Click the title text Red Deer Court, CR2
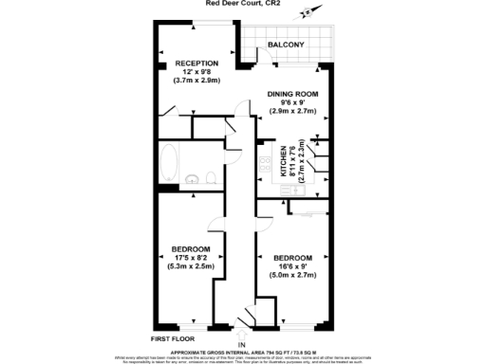242,3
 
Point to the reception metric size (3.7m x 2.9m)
196,82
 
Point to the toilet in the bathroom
210,176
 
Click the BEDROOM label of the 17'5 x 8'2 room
191,249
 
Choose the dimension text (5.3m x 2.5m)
191,266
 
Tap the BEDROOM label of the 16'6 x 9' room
292,258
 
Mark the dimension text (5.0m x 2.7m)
292,275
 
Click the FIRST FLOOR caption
173,337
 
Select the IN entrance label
241,344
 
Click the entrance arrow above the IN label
241,332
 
